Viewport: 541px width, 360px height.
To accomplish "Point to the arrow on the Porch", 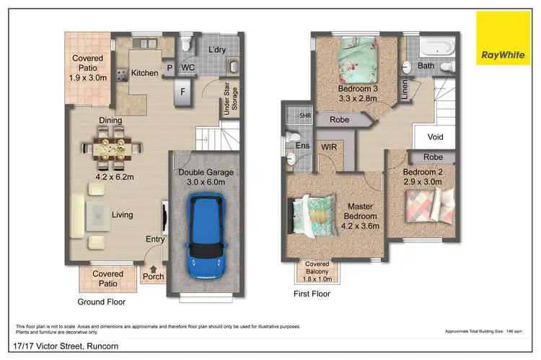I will coord(154,266).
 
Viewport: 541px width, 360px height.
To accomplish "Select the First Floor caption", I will coord(312,294).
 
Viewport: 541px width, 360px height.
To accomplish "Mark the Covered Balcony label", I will coord(317,268).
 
